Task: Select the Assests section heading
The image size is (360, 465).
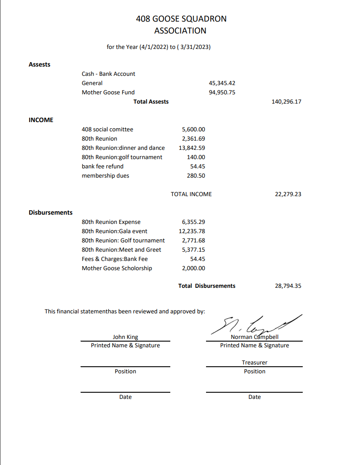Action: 39,64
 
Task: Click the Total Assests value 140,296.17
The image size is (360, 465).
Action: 287,101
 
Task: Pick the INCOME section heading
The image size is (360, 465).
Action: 41,120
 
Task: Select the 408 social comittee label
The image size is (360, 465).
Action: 107,129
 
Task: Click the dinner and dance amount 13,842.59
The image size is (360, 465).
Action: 191,148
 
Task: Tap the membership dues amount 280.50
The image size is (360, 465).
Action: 196,175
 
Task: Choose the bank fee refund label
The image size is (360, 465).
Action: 102,166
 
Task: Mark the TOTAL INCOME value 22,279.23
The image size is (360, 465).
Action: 288,193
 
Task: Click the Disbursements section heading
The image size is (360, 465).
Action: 50,212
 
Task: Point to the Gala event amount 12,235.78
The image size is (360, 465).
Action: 191,231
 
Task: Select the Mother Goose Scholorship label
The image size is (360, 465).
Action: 116,268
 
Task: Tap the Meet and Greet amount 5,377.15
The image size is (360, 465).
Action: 193,249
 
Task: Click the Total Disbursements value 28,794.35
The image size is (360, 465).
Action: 288,286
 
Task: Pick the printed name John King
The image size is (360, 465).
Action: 125,337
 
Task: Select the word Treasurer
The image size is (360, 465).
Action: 255,362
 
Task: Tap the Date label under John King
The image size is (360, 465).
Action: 125,397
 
